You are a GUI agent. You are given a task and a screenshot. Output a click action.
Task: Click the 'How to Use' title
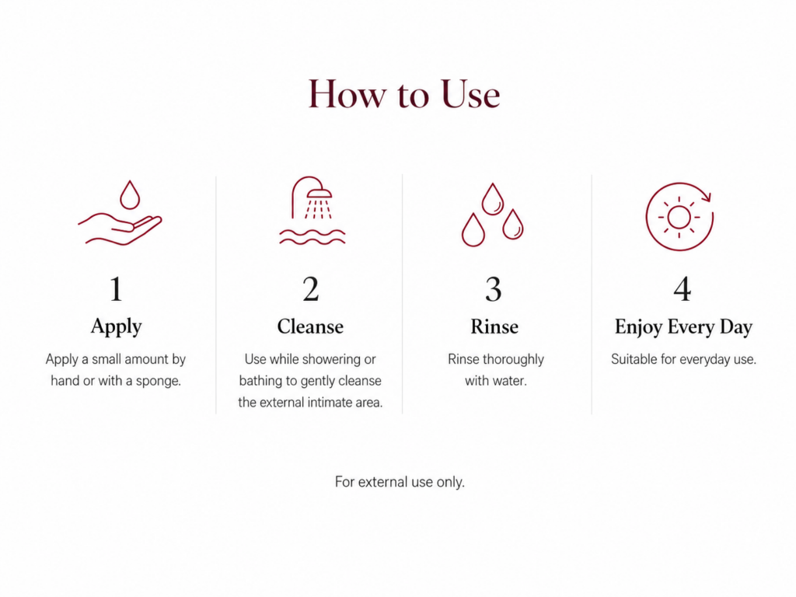click(x=404, y=94)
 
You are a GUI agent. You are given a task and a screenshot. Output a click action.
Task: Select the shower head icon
click(x=312, y=210)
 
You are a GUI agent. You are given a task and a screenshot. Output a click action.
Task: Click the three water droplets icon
click(x=492, y=215)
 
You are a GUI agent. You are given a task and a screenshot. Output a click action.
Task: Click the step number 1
click(x=117, y=289)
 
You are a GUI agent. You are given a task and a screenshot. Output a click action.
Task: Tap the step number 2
click(x=311, y=289)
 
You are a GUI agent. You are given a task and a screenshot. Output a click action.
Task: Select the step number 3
click(x=494, y=289)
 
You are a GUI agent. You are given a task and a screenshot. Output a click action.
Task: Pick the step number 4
click(x=683, y=289)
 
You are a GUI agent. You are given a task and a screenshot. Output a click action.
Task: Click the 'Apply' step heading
click(x=117, y=327)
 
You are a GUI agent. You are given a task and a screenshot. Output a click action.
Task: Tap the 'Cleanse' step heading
click(x=310, y=326)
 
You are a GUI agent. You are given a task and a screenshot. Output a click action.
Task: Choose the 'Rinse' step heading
click(x=494, y=326)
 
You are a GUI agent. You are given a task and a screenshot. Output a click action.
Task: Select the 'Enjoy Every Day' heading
click(x=683, y=327)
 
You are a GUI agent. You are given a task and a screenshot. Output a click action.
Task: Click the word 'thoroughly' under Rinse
click(x=514, y=359)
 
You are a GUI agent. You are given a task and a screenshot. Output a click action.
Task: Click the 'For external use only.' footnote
click(x=400, y=482)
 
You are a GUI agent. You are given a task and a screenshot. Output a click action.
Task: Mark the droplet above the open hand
click(x=130, y=195)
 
